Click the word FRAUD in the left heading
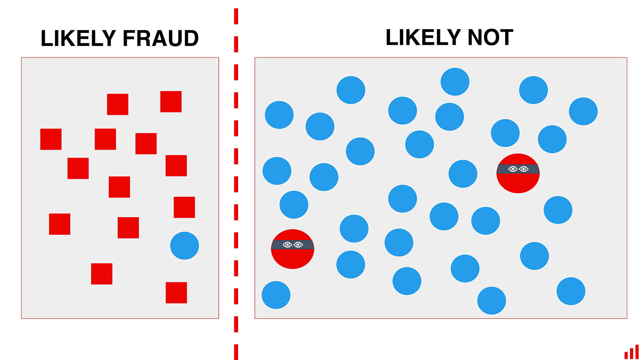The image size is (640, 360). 160,38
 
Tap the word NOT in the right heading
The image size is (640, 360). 490,38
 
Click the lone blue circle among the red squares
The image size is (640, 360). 184,246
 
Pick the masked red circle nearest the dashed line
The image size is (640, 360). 292,249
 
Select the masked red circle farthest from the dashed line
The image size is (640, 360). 518,174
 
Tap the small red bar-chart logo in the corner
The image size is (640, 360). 632,352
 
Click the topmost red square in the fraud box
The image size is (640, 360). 171,102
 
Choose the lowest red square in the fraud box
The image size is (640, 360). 176,292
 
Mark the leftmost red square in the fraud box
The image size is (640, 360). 51,139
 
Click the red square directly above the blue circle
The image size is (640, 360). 184,208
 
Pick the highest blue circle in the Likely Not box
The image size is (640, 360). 455,82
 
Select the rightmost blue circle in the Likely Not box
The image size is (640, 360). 583,112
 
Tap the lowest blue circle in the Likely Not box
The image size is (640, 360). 492,300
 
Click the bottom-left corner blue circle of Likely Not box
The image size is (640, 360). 276,295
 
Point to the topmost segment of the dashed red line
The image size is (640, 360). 236,16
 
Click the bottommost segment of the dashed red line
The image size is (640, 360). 236,352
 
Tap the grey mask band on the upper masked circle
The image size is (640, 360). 518,169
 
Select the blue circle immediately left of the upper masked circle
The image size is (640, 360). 463,174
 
